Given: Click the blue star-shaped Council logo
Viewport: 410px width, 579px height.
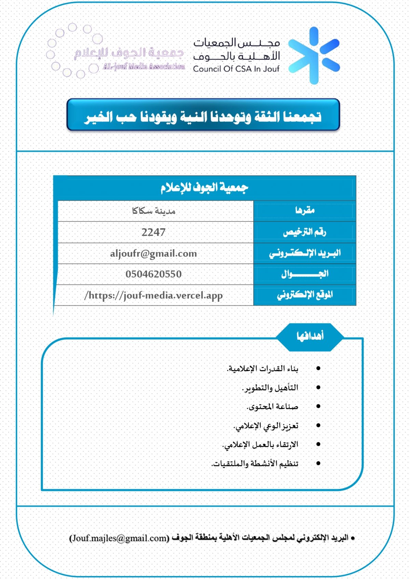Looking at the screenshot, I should click(314, 56).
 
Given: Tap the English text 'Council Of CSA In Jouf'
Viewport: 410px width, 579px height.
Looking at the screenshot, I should click(236, 69).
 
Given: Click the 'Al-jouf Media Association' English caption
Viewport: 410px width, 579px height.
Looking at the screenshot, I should click(144, 67).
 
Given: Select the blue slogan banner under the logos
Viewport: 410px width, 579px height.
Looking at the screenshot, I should click(203, 115).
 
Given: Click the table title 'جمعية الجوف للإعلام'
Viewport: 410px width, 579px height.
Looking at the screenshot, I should click(204, 188).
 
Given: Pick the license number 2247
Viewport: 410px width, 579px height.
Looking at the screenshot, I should click(153, 232).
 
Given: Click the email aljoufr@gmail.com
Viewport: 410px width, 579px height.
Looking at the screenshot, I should click(153, 254).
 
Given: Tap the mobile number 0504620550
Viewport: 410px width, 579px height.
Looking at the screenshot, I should click(153, 274).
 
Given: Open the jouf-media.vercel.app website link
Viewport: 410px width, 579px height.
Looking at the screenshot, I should click(153, 295).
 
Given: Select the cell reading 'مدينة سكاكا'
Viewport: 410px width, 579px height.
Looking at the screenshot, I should click(153, 211).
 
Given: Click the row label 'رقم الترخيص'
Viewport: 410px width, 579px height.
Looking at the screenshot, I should click(304, 232).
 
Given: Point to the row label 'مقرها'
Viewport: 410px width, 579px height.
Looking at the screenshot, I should click(305, 211).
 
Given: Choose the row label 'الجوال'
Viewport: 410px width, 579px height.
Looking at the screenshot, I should click(305, 274).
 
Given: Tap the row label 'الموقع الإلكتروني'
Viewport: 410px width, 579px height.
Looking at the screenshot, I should click(305, 295).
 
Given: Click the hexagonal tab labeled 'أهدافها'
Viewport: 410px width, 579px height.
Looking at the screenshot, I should click(310, 336).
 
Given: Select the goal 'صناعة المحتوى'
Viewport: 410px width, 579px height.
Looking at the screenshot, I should click(272, 407).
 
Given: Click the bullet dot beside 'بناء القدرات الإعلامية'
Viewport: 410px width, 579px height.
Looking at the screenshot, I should click(318, 368).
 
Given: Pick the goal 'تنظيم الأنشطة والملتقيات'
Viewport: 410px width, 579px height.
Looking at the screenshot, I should click(255, 464).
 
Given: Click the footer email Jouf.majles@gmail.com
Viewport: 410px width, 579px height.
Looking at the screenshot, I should click(119, 538).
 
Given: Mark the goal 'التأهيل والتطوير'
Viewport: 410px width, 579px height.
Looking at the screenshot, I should click(270, 388).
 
